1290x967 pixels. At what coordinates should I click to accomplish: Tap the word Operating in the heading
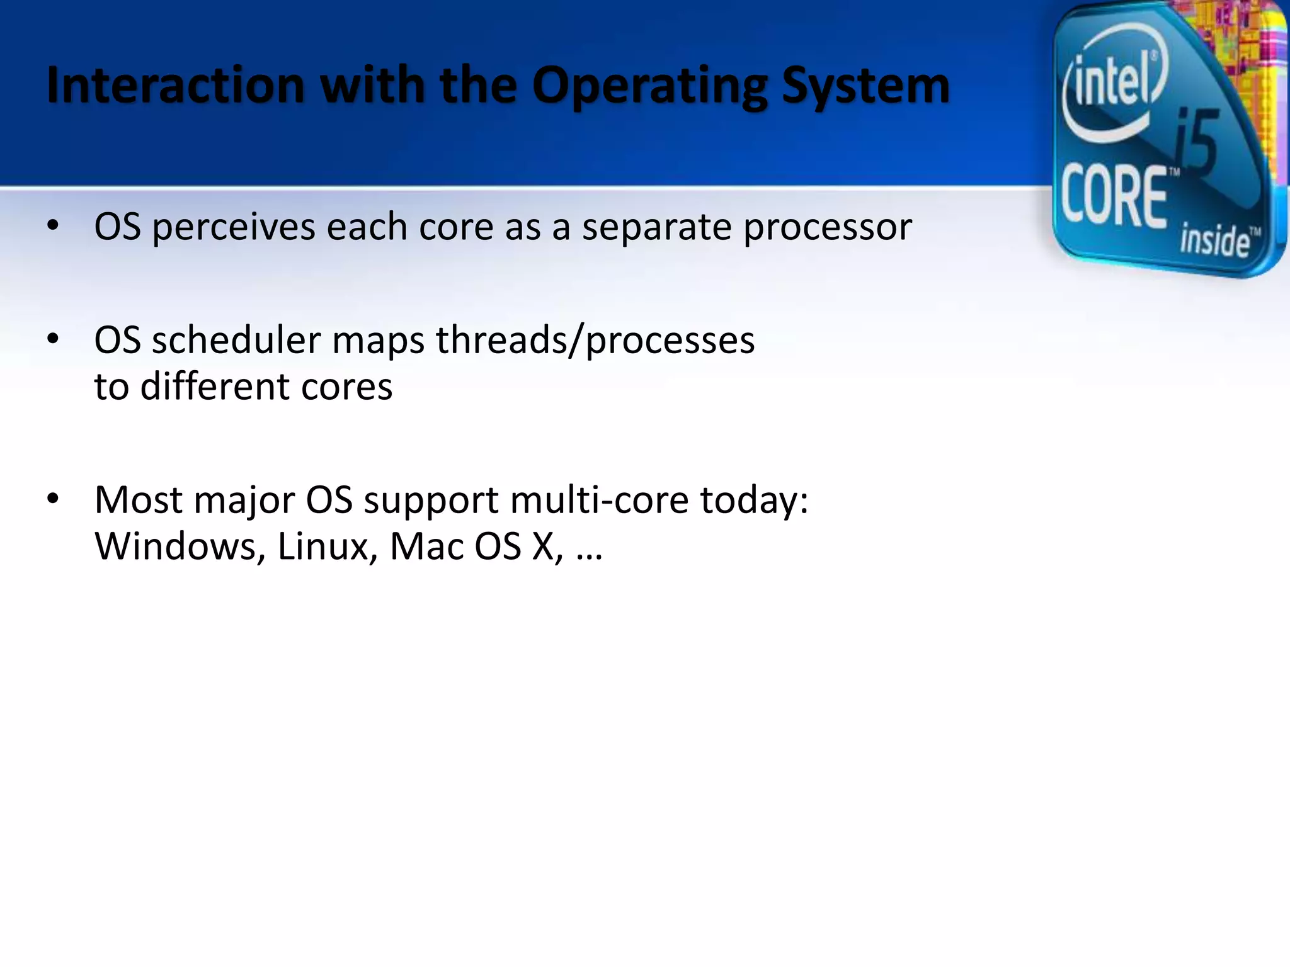pyautogui.click(x=649, y=87)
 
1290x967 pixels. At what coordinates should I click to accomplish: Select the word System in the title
pyautogui.click(x=865, y=87)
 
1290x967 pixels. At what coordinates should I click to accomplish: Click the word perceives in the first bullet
pyautogui.click(x=234, y=227)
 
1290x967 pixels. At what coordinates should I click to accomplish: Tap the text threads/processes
pyautogui.click(x=595, y=341)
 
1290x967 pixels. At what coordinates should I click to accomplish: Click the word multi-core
pyautogui.click(x=600, y=500)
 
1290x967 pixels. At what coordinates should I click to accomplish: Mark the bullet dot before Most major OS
pyautogui.click(x=53, y=499)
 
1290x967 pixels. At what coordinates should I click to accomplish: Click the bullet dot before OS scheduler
pyautogui.click(x=53, y=339)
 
